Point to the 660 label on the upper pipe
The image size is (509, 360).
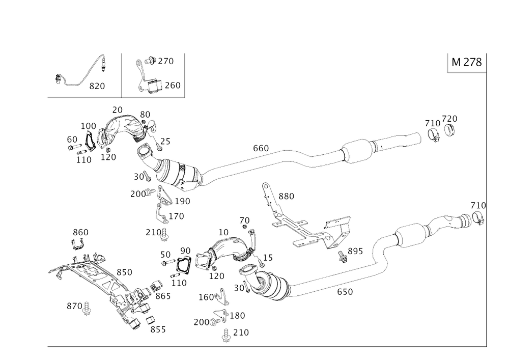point(262,148)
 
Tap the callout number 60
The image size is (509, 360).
point(71,138)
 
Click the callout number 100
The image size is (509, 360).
point(89,124)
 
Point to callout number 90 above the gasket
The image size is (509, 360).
point(185,250)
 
